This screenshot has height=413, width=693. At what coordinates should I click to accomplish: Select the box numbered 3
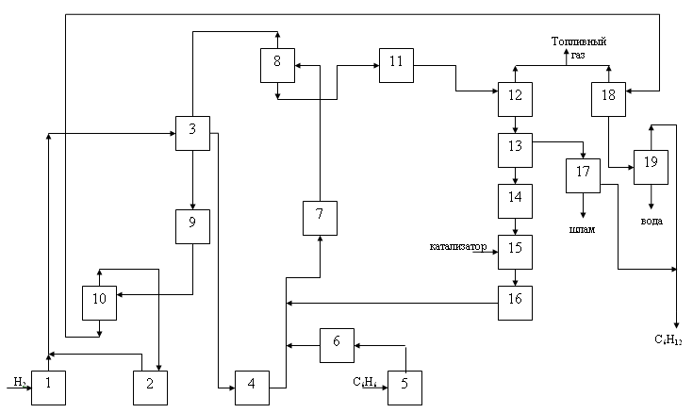click(192, 133)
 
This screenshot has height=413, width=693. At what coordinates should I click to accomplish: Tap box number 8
click(278, 64)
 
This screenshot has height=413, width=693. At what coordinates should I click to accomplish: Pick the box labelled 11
click(396, 64)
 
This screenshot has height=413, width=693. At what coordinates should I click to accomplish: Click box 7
click(320, 218)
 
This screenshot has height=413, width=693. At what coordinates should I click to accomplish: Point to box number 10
click(98, 302)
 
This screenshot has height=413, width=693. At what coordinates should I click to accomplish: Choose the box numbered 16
click(516, 301)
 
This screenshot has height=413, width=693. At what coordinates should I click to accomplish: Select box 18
click(608, 98)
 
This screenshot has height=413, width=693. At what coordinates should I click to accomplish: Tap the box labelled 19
click(651, 165)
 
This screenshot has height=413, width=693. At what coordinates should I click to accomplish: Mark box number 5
click(404, 388)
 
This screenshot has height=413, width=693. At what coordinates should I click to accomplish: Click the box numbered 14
click(516, 200)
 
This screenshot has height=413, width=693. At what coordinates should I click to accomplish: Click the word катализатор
click(457, 248)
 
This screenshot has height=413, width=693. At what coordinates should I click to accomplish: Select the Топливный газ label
click(578, 48)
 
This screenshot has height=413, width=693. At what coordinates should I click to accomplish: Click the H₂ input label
click(19, 381)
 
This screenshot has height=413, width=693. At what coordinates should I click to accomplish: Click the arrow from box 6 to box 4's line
click(302, 345)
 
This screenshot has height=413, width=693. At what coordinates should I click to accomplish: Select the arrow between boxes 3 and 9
click(192, 180)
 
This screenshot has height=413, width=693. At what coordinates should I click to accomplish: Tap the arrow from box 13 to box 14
click(516, 174)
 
